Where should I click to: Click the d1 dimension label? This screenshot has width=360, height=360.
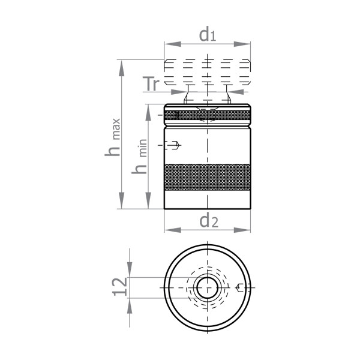[x=208, y=35]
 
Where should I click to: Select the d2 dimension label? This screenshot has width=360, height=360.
[x=208, y=221]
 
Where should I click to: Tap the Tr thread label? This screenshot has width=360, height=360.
[x=152, y=85]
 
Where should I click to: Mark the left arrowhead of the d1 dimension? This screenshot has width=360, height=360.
[x=169, y=44]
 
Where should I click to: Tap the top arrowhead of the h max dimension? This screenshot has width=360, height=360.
[x=122, y=65]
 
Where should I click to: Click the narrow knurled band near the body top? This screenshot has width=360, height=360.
[x=207, y=115]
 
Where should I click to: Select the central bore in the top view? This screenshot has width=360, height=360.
[x=207, y=287]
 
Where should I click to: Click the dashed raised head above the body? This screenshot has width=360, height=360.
[x=207, y=72]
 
